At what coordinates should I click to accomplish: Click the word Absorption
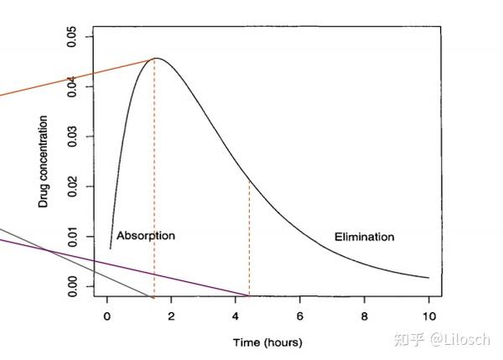tap(145, 236)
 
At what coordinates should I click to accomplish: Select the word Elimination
tap(364, 237)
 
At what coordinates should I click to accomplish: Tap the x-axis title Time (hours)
tap(267, 342)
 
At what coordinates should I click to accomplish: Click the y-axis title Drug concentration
tap(44, 161)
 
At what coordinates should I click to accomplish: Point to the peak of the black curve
tap(156, 58)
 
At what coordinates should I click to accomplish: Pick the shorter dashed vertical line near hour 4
tap(249, 239)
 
